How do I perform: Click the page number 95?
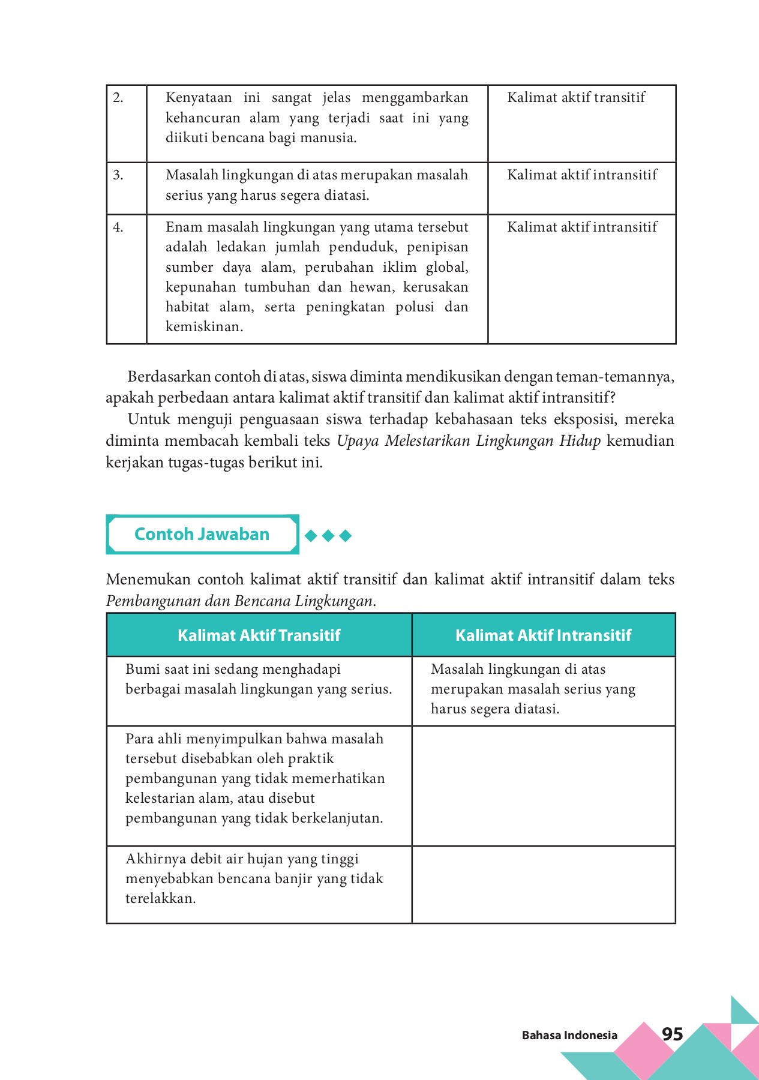click(672, 1034)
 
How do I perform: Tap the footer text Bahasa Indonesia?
click(569, 1035)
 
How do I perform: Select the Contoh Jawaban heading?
click(202, 534)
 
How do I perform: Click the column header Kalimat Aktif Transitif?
click(259, 635)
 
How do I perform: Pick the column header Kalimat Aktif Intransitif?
click(543, 635)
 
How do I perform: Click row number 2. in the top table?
click(118, 98)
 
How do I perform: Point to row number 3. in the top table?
click(118, 175)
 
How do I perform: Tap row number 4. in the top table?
click(118, 227)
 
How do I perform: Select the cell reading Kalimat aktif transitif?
click(576, 98)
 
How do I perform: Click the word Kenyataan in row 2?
click(199, 98)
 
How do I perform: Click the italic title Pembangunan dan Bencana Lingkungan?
click(240, 601)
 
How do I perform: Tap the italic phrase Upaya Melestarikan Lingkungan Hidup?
click(468, 441)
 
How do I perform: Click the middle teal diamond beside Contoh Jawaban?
click(328, 535)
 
